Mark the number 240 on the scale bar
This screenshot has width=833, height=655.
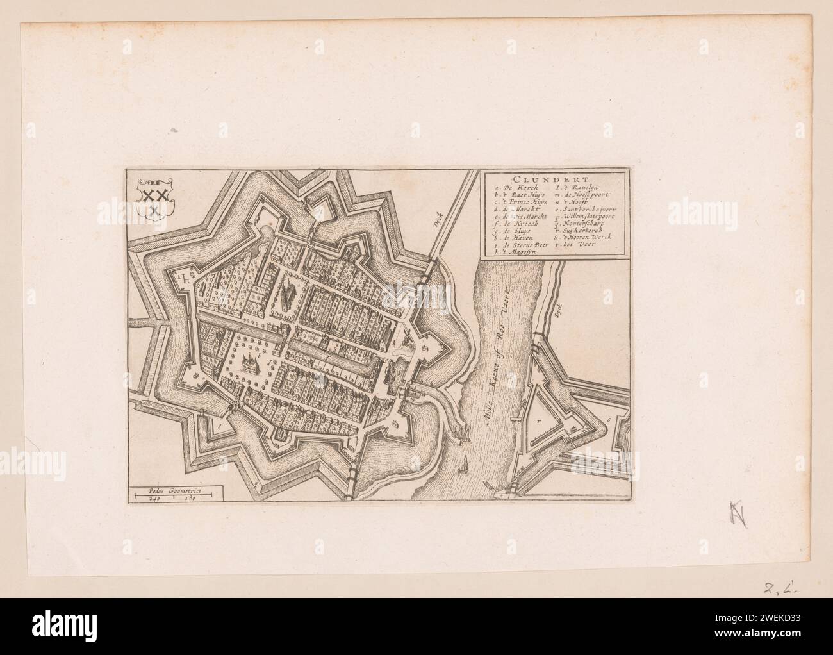click(154, 497)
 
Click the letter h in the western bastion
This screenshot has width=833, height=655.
click(184, 278)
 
